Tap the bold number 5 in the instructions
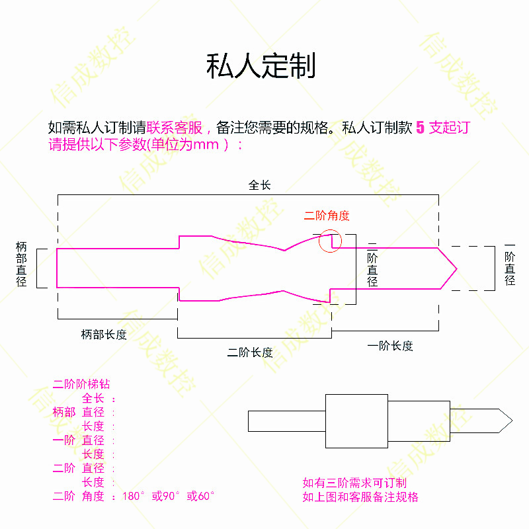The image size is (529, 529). pyautogui.click(x=420, y=128)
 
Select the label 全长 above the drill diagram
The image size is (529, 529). pyautogui.click(x=259, y=185)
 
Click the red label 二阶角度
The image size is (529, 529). pyautogui.click(x=327, y=216)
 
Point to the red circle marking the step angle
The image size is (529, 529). pyautogui.click(x=331, y=241)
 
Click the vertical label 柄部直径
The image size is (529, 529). pyautogui.click(x=21, y=264)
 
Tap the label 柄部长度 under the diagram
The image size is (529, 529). pyautogui.click(x=104, y=335)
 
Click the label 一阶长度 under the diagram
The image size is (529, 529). pyautogui.click(x=390, y=345)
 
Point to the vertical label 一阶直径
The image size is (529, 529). pyautogui.click(x=510, y=264)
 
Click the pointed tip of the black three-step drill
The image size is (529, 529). pyautogui.click(x=512, y=420)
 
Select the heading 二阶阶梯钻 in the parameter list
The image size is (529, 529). pyautogui.click(x=81, y=384)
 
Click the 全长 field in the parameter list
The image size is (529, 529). pyautogui.click(x=93, y=398)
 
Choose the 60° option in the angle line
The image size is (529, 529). pyautogui.click(x=201, y=496)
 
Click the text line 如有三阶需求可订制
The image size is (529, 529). pyautogui.click(x=354, y=483)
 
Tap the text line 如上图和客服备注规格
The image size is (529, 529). pyautogui.click(x=360, y=497)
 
